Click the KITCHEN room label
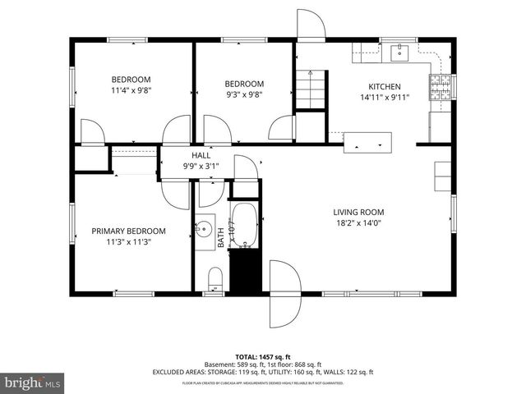point(384,86)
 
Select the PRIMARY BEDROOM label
point(128,231)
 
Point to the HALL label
point(201,155)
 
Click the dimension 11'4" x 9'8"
point(131,91)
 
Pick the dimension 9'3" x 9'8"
point(244,94)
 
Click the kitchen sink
point(400,53)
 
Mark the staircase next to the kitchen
point(310,90)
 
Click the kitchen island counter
point(367,141)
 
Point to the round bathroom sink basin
point(204,228)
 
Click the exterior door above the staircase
point(311,25)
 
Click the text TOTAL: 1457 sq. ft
point(262,357)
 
